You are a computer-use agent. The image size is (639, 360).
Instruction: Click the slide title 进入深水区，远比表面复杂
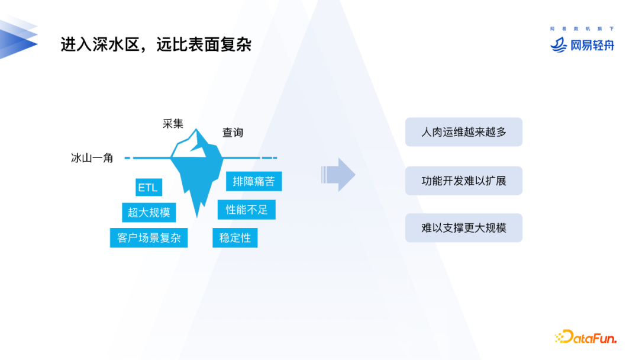coord(156,44)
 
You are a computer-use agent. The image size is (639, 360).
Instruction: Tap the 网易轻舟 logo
coord(582,45)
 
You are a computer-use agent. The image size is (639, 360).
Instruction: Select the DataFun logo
coord(586,337)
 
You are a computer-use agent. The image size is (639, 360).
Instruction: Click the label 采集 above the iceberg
coord(173,124)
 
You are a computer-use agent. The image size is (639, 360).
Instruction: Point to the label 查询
coord(233,133)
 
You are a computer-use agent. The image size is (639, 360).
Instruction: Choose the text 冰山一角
coord(92,158)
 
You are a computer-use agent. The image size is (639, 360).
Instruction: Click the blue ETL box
coord(148,188)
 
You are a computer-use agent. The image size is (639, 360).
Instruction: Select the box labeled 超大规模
coord(149,213)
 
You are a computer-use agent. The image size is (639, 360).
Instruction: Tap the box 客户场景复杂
coord(149,238)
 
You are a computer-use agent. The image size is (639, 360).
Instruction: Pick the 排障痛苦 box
coord(254,181)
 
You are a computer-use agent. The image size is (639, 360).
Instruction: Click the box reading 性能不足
coord(247,209)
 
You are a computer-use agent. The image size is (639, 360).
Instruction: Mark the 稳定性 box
coord(235,238)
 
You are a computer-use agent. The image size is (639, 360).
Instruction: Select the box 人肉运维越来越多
coord(463,132)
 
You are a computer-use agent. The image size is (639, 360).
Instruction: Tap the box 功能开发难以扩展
coord(463,181)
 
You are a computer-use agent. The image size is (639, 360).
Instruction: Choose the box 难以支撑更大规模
coord(463,227)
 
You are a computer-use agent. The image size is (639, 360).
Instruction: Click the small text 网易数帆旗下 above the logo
coord(582,28)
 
